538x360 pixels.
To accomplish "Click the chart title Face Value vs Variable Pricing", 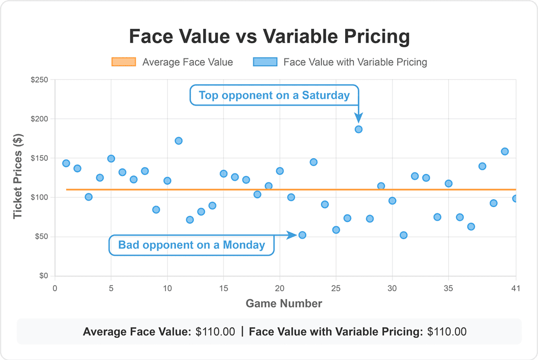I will click(x=269, y=37).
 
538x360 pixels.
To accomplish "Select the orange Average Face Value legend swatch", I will click(x=123, y=62).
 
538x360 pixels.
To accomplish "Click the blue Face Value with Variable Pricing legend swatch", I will click(x=265, y=62).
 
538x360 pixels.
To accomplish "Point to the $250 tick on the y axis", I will click(x=39, y=80).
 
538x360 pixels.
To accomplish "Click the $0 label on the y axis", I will click(x=44, y=276).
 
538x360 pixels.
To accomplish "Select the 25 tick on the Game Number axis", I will click(x=336, y=288).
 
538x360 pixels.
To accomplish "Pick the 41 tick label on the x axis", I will click(x=515, y=288).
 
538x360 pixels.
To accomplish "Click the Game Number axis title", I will click(x=284, y=303).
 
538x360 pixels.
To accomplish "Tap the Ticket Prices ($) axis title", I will click(x=18, y=178).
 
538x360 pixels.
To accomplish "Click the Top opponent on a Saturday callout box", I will click(x=274, y=95).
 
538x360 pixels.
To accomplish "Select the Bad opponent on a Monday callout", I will click(x=191, y=245).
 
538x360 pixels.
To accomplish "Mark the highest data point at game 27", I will click(x=358, y=129).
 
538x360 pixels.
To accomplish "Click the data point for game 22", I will click(x=302, y=235).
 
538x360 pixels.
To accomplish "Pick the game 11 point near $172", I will click(x=179, y=141).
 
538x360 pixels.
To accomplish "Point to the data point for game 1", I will click(x=66, y=163).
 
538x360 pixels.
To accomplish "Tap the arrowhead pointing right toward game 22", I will click(x=294, y=235).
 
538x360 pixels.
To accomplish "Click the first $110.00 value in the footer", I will click(x=215, y=332).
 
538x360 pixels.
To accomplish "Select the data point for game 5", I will click(x=111, y=159).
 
